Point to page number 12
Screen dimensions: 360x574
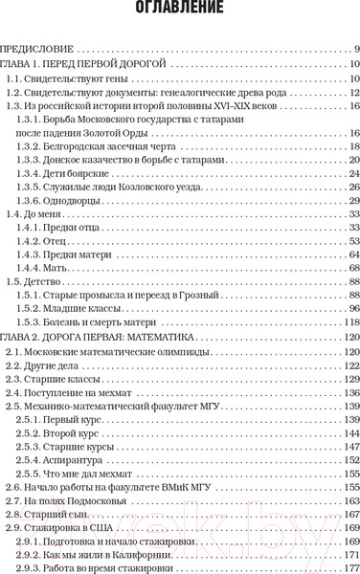(353, 92)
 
